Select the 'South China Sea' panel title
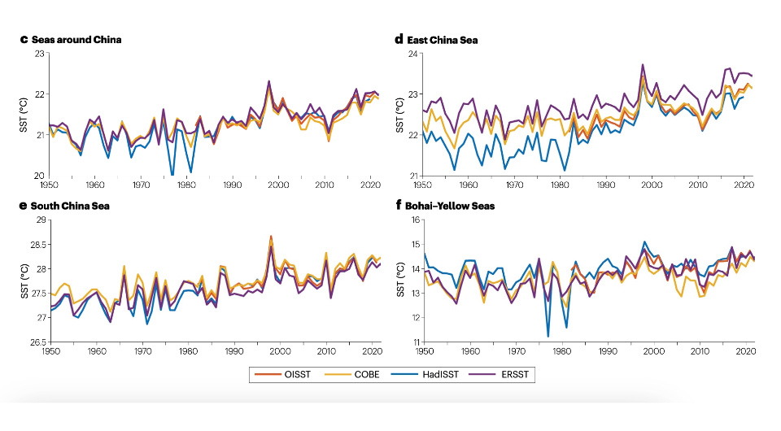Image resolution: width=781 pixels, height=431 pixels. coord(76,206)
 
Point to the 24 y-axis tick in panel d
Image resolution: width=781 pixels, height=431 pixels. coord(413,54)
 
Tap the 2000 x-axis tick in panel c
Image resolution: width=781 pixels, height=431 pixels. coord(279,185)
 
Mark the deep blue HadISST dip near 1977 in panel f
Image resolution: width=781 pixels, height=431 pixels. coord(548,336)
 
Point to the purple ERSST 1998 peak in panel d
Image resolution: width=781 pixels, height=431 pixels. coord(643,64)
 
